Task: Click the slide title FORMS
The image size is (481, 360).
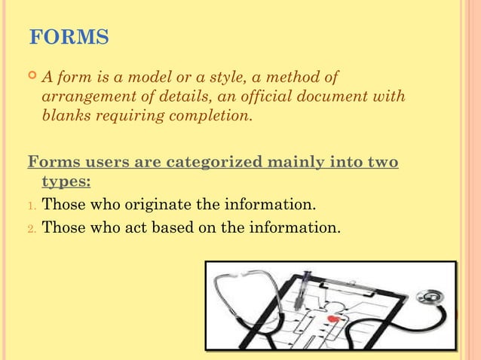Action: tap(68, 37)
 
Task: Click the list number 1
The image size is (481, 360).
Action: tap(31, 206)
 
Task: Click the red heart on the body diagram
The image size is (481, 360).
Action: tap(332, 319)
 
